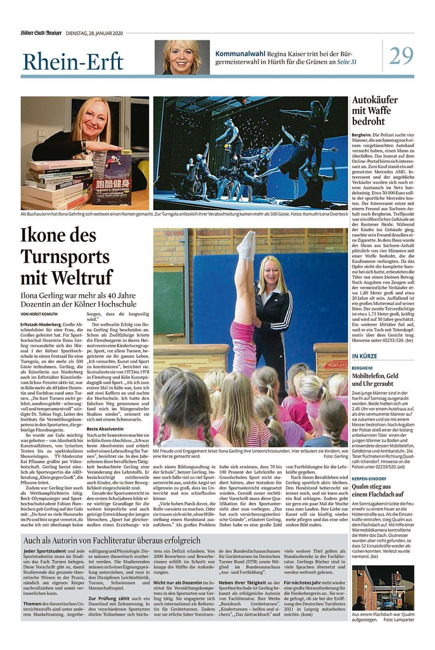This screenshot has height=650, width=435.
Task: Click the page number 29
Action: [401, 56]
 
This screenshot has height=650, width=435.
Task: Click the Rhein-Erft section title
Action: [73, 62]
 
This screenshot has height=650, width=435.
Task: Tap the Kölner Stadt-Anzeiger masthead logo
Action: [41, 33]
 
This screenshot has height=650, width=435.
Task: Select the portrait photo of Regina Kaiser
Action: [182, 57]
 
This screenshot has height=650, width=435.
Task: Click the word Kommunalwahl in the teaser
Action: [240, 54]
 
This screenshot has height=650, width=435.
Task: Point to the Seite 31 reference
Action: [347, 62]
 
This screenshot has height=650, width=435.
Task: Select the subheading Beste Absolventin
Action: [105, 429]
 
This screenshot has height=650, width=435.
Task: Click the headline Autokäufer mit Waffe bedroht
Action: [375, 111]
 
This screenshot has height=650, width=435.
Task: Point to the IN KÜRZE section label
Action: [364, 356]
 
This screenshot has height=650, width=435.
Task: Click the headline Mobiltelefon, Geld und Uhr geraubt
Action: [375, 380]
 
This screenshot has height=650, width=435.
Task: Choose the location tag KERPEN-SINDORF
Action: [369, 479]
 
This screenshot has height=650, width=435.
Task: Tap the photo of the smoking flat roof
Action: [383, 588]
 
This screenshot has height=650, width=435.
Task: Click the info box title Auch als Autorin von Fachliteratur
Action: [111, 541]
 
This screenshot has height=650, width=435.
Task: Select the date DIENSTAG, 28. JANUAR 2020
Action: [94, 33]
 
